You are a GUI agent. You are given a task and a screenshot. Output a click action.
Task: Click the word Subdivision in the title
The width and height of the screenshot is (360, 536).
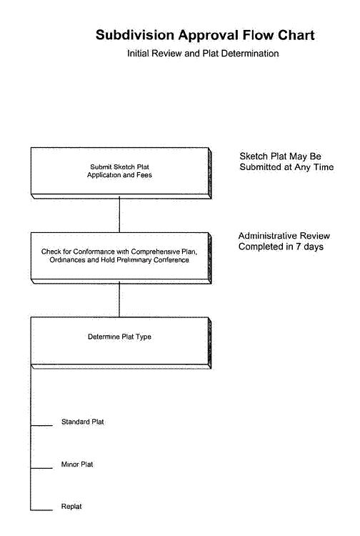pos(135,35)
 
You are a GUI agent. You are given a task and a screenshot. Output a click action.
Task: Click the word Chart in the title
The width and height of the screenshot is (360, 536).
pos(296,35)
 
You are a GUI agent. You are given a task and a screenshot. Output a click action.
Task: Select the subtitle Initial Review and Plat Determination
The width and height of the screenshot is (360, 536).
pos(203,54)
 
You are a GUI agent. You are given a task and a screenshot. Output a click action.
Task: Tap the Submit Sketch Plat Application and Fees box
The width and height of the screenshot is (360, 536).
pos(121,173)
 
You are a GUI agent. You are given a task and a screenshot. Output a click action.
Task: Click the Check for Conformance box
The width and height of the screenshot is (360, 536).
pos(121,258)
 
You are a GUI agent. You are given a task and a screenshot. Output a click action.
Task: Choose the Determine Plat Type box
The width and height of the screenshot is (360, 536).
pos(121,343)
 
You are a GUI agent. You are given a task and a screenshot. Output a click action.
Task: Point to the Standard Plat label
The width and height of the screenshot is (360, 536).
pos(83,422)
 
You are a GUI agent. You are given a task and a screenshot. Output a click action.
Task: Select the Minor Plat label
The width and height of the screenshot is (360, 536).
pos(77,465)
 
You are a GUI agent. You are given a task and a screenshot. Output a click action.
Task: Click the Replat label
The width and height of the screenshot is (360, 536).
pos(71,507)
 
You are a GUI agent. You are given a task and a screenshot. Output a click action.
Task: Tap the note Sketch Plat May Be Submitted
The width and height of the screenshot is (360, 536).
pos(286,162)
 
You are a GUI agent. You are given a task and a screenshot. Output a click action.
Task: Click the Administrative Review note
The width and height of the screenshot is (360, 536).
pos(284,242)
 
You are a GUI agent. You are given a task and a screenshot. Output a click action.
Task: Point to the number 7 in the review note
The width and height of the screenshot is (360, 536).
pos(298,247)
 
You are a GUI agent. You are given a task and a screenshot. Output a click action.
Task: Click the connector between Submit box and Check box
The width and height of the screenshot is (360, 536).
pos(119,214)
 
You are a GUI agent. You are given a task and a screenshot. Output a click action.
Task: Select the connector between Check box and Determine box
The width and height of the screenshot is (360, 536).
pos(119,299)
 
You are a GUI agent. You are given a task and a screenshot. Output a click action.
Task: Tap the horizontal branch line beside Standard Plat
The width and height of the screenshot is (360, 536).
pos(41,426)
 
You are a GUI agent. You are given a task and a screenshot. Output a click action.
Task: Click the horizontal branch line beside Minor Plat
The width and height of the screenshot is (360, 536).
pos(41,468)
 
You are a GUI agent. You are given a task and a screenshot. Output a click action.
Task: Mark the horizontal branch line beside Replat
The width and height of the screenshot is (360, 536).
pos(41,510)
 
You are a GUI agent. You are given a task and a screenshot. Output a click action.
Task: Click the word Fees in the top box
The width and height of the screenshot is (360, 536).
pos(144,175)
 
